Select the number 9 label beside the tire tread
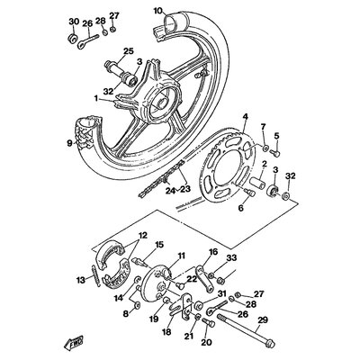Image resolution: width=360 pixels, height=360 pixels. pyautogui.click(x=69, y=142)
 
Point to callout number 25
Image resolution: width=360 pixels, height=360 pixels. pyautogui.click(x=128, y=50)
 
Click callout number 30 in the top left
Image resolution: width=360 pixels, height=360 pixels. pyautogui.click(x=72, y=22)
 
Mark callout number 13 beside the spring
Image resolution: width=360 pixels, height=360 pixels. pyautogui.click(x=80, y=281)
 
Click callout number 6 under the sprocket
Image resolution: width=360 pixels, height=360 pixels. pyautogui.click(x=240, y=207)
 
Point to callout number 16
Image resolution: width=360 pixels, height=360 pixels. pyautogui.click(x=213, y=254)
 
